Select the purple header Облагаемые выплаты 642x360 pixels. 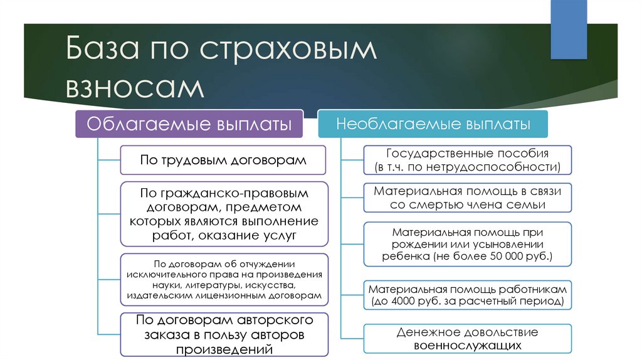pos(189,124)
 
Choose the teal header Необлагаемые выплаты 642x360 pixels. pos(433,124)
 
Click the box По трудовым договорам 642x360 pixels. pos(223,160)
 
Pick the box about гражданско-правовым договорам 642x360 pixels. pos(223,214)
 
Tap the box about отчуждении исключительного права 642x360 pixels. pos(223,280)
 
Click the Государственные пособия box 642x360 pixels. pos(467,160)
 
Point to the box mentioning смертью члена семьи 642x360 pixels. pos(467,198)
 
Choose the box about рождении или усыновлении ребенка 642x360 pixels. pos(467,244)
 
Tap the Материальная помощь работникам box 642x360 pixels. pos(467,295)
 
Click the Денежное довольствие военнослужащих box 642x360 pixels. pos(467,339)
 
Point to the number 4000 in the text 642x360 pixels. pos(410,302)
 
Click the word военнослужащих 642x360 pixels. pos(467,346)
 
